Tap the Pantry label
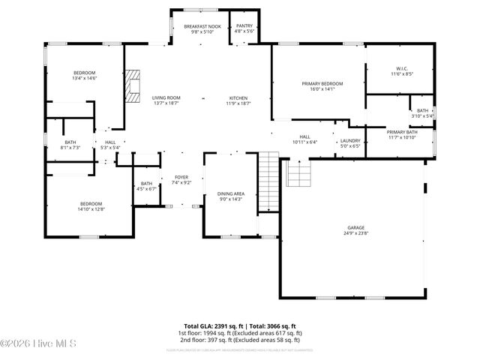244,28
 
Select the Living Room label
166,100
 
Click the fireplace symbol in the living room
133,85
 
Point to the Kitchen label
238,100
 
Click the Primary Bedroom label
322,85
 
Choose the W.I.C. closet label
398,71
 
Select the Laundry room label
350,142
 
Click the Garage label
355,229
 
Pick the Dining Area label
229,196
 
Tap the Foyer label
181,179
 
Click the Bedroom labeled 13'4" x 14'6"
63,75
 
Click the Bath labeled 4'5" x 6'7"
146,186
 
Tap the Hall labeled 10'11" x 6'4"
304,139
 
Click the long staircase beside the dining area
268,180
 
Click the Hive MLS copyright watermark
28,344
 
